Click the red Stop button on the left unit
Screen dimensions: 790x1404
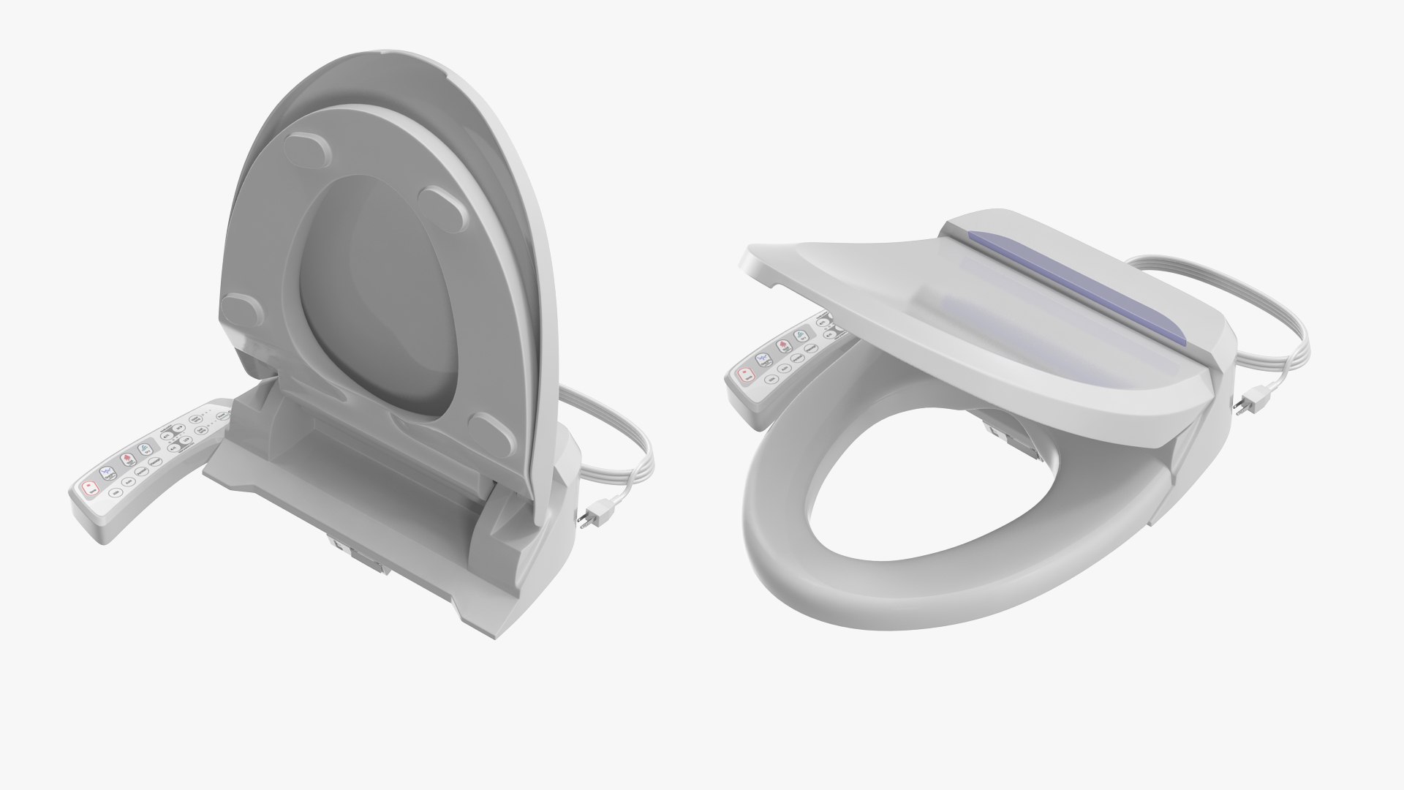point(90,488)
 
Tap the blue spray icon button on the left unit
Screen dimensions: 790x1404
point(107,473)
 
